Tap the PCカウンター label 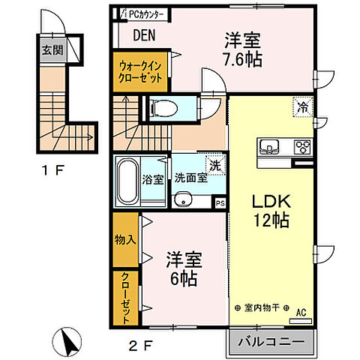pos(145,13)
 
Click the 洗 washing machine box pos(215,165)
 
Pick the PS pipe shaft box pos(219,201)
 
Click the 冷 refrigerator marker pos(301,106)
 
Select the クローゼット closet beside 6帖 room pos(124,298)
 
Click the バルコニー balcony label pos(271,342)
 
